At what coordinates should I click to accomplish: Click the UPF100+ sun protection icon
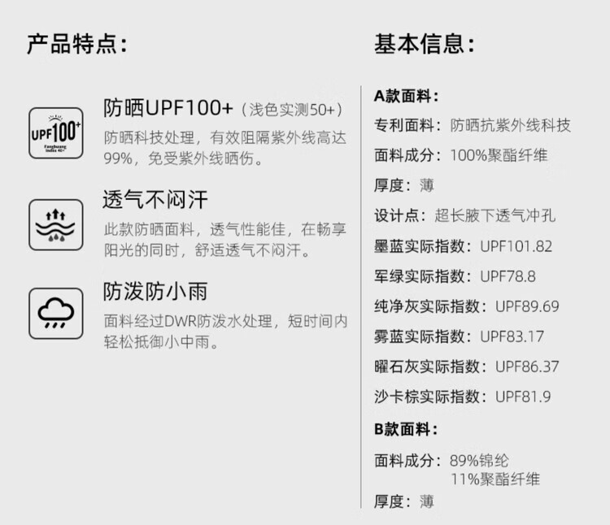pos(55,133)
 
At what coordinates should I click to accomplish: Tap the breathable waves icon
pos(55,225)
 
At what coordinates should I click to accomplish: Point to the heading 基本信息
pos(424,44)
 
